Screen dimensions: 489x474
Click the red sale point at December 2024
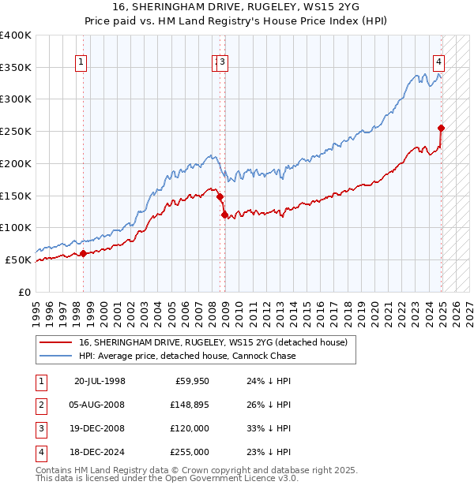(441, 128)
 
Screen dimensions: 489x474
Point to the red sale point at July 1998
(83, 253)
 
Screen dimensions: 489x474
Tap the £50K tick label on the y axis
(19, 259)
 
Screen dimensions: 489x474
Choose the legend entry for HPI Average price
(187, 356)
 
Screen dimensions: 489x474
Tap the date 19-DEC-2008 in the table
(100, 428)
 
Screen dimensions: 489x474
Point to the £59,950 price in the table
(190, 382)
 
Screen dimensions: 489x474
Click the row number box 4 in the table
(40, 452)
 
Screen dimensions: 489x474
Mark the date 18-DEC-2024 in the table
(100, 452)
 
